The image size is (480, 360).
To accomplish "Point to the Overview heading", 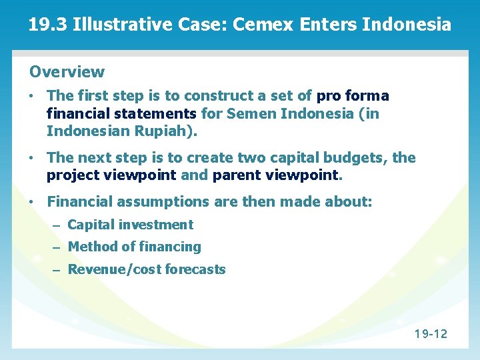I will [x=67, y=71].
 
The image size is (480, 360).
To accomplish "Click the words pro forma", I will [x=353, y=96].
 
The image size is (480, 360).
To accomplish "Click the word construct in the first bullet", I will [x=217, y=96].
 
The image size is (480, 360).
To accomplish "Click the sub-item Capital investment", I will [x=130, y=225].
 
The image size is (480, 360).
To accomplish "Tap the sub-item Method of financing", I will [x=134, y=247].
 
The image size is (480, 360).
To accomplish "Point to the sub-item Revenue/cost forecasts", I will [x=147, y=270].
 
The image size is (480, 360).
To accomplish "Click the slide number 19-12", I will [x=431, y=333].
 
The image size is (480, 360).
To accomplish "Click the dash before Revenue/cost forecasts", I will [x=57, y=270].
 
